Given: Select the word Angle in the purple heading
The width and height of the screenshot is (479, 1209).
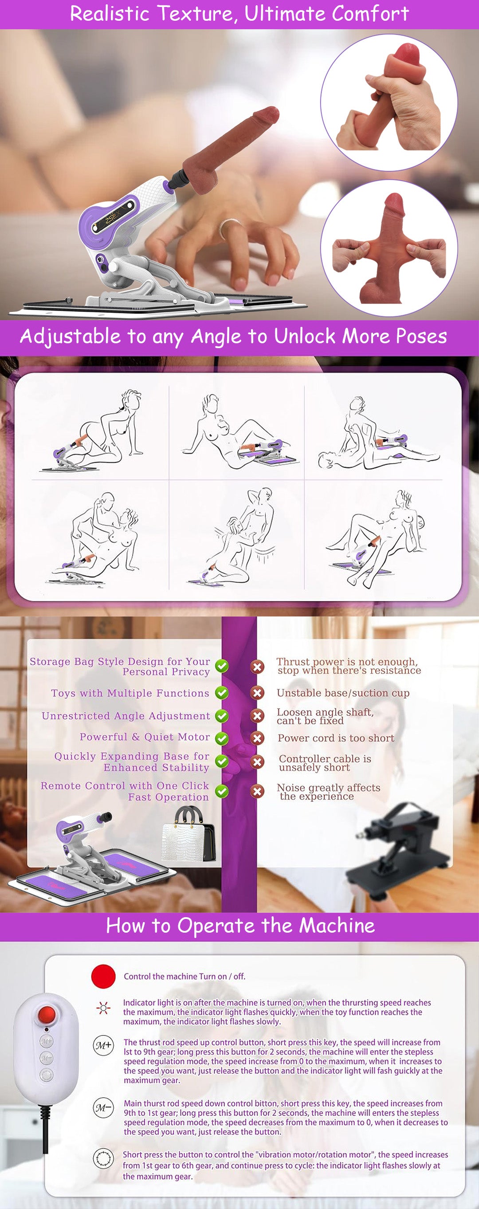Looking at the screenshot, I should click(x=216, y=336).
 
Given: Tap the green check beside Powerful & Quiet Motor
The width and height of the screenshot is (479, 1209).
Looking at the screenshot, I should click(x=221, y=738).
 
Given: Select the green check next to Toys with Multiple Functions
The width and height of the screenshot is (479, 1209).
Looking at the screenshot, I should click(x=221, y=693).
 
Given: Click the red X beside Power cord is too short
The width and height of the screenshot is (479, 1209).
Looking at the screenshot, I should click(x=257, y=738).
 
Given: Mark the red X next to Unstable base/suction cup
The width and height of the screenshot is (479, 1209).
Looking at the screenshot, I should click(x=257, y=693).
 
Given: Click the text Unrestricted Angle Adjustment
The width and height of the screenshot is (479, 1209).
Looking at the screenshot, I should click(x=126, y=716).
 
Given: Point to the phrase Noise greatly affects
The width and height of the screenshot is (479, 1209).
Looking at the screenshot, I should click(x=328, y=788).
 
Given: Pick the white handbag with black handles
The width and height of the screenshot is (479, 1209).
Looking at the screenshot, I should click(x=188, y=836).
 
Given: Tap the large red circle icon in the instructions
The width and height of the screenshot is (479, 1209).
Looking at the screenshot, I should click(x=103, y=976).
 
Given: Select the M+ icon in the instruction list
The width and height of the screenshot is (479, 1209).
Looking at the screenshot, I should click(x=103, y=1045).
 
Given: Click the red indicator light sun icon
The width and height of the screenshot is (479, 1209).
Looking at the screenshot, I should click(x=103, y=1007).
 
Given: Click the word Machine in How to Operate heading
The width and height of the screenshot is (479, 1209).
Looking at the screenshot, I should click(x=336, y=926).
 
